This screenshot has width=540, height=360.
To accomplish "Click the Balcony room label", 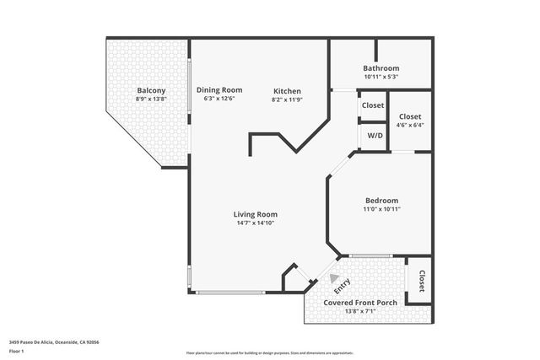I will pyautogui.click(x=151, y=90).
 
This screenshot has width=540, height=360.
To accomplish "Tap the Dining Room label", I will pyautogui.click(x=219, y=89).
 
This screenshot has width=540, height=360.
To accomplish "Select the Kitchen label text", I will pyautogui.click(x=287, y=91).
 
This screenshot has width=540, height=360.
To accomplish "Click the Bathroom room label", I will pyautogui.click(x=381, y=68).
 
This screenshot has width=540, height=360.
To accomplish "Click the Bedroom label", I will pyautogui.click(x=381, y=200).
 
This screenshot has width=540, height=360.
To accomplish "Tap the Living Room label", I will pyautogui.click(x=255, y=214).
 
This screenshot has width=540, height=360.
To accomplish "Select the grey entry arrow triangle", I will pyautogui.click(x=336, y=278).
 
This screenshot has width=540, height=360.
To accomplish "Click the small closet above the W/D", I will pyautogui.click(x=372, y=105).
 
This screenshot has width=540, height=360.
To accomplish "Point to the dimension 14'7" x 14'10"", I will pyautogui.click(x=255, y=223).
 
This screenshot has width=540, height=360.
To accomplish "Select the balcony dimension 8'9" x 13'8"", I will pyautogui.click(x=151, y=99).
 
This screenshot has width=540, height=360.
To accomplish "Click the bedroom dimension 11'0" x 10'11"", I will pyautogui.click(x=381, y=208).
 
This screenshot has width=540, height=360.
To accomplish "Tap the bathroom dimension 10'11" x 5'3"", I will pyautogui.click(x=381, y=77).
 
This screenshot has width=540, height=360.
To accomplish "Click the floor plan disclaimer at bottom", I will pyautogui.click(x=270, y=353).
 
